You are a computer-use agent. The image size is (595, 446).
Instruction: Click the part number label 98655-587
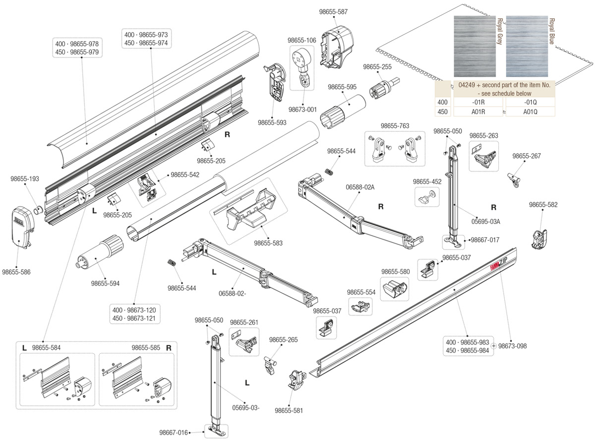333,12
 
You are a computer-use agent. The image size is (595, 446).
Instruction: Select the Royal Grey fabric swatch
475,46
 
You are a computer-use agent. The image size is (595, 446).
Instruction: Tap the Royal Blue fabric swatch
527,46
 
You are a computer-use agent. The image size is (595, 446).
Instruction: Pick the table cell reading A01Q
530,112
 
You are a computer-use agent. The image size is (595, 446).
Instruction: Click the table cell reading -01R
478,103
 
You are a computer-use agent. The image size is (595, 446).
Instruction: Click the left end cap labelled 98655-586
22,228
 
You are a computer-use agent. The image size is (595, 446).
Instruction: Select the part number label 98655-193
25,179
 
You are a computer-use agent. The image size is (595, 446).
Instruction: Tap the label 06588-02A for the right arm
360,187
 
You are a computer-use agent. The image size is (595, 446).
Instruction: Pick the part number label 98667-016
174,433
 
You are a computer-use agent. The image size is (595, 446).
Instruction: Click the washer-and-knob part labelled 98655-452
427,198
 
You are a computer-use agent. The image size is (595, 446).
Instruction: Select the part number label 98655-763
395,126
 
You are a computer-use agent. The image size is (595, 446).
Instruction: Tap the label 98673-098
512,346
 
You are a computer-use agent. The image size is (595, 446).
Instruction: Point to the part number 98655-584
46,348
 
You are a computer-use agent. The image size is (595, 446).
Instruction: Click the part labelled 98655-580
395,289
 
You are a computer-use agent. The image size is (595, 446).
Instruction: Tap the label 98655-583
268,243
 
